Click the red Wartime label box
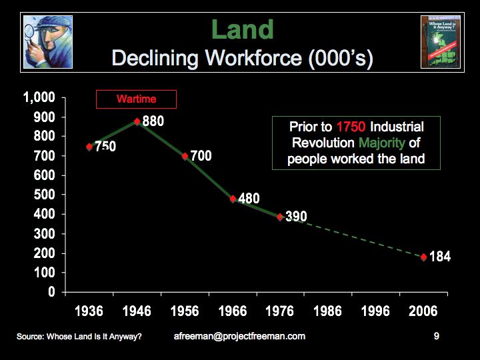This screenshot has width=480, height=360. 136,99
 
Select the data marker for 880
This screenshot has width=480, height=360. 137,121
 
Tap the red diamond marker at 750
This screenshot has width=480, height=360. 89,147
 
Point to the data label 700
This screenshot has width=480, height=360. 201,156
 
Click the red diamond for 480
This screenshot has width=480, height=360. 233,199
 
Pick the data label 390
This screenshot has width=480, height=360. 296,217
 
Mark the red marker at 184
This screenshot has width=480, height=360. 423,257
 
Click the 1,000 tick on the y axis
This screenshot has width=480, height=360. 39,98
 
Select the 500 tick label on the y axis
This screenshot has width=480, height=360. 44,195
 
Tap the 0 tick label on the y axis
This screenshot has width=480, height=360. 51,293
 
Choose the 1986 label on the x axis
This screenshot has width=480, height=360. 327,311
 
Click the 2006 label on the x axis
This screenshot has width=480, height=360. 423,311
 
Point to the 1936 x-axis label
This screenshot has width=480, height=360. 89,311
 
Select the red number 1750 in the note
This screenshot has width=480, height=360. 351,127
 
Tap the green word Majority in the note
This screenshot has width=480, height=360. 385,143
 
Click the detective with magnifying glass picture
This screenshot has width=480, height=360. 47,41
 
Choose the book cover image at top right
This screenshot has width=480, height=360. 440,41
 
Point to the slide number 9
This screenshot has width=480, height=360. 436,337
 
